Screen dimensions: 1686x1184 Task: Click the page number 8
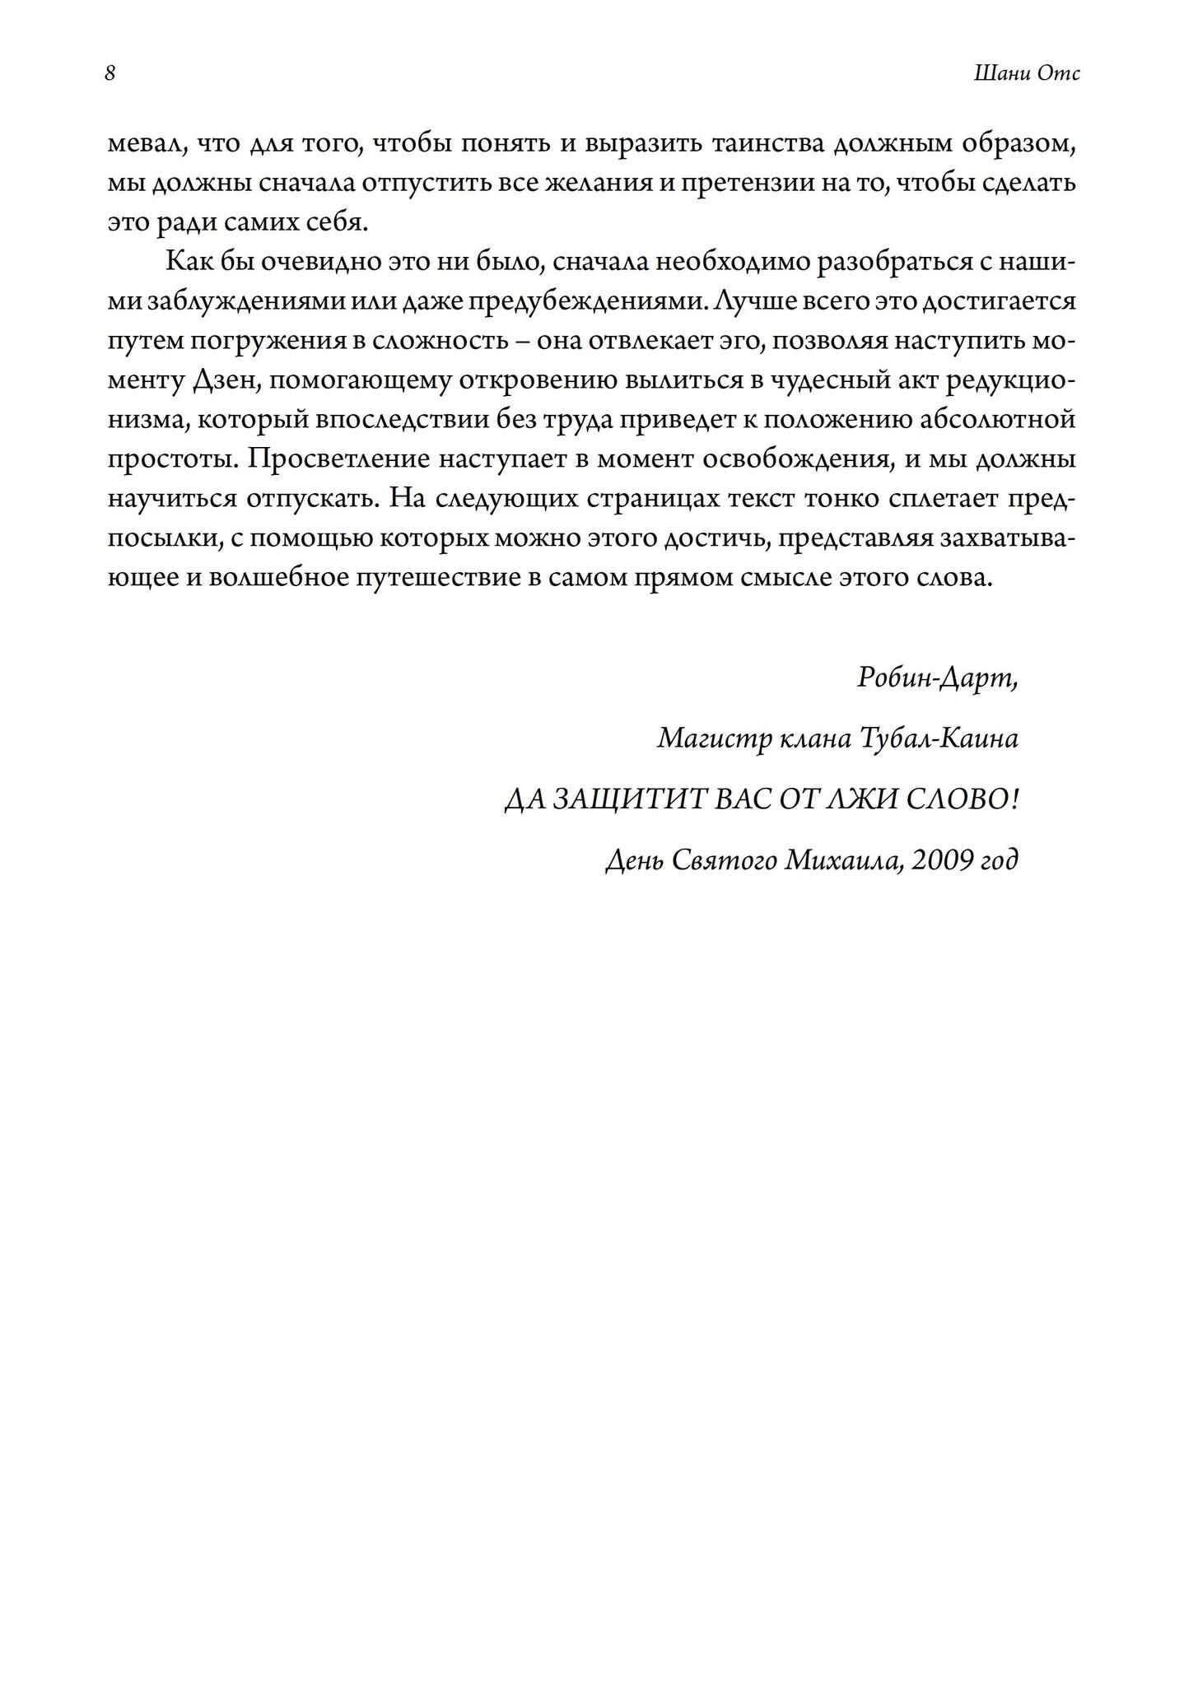click(x=110, y=74)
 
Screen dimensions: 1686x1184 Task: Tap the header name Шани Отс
click(x=1026, y=74)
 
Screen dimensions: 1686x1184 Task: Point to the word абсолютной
click(x=997, y=420)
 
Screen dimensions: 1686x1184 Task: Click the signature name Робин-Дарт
click(x=937, y=678)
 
